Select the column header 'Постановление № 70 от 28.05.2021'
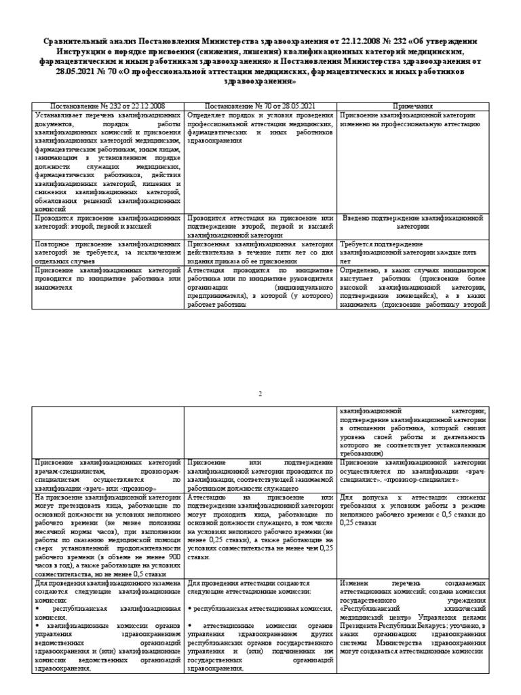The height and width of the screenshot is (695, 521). tap(260, 107)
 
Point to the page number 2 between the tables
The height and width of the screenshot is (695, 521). tap(260, 394)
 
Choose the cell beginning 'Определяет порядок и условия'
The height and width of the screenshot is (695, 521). tap(260, 128)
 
